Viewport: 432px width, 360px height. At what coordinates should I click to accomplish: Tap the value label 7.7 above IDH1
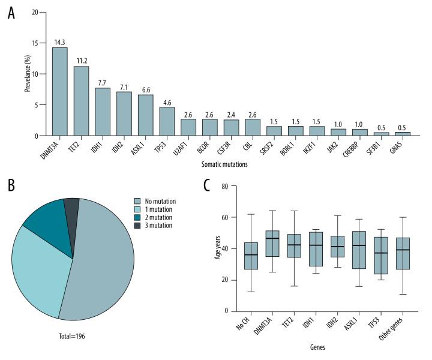[x=102, y=82]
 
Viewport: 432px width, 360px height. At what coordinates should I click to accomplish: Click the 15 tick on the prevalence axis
[x=36, y=43]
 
